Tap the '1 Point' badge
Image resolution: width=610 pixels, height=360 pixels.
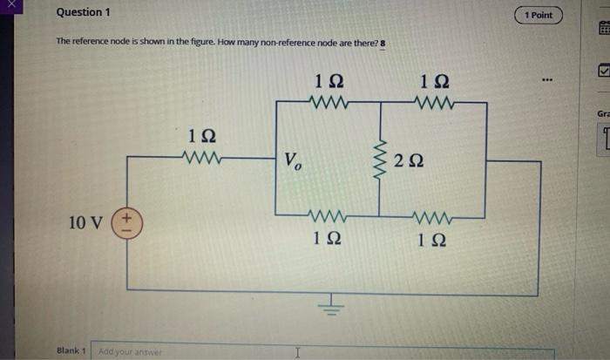pos(539,16)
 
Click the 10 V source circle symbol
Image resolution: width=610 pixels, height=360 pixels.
pos(127,222)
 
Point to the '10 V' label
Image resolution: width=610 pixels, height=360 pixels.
pos(87,223)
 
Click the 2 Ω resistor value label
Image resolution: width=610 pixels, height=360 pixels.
pos(409,160)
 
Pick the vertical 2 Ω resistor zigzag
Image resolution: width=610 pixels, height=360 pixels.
pos(379,159)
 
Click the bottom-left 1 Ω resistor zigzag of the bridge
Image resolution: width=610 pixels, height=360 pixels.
pos(329,214)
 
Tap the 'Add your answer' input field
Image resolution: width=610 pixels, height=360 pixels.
pos(322,352)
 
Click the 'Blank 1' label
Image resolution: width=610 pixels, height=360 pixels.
pos(71,351)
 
